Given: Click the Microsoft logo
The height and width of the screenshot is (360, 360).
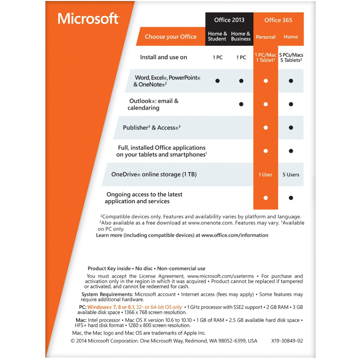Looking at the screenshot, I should point(88,18).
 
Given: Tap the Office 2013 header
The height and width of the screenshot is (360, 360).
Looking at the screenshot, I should point(229,20).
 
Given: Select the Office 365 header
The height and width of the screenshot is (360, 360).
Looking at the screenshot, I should point(278,20).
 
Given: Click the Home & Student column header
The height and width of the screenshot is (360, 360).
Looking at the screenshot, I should point(217,36).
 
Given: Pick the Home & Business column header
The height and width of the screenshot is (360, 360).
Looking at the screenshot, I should point(241,36).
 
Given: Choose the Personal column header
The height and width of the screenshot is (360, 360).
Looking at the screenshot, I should point(266,37).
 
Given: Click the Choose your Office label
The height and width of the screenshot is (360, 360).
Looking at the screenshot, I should point(171,37).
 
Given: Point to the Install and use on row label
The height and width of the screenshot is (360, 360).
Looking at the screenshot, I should point(163,57).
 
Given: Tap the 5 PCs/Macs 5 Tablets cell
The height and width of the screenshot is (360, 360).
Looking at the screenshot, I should point(291,58).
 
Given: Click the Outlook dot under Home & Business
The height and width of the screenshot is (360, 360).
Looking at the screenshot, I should point(241,104).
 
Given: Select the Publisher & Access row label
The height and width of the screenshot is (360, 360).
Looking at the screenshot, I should point(151,128).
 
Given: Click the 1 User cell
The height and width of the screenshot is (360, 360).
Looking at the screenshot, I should point(266,175).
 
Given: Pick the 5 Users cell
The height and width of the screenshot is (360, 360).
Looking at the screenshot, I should point(291,175).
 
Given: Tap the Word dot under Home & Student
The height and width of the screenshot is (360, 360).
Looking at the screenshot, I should point(217,81).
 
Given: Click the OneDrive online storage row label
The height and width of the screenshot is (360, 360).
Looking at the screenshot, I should point(154,175).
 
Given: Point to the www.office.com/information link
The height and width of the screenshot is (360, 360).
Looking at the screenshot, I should point(235,235).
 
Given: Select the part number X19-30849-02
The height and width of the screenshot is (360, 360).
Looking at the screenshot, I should point(287,341).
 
